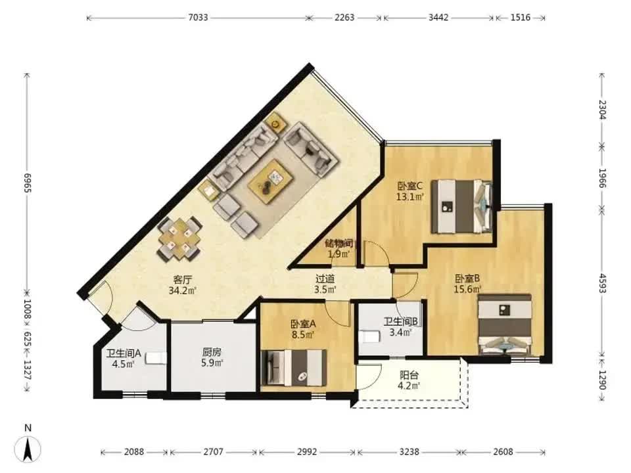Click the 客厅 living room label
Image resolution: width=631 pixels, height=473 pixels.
click(182, 279)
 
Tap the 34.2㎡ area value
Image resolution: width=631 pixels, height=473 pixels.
click(182, 290)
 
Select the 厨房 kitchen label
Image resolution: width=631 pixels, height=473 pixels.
click(212, 352)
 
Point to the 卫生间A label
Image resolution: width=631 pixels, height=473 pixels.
click(124, 353)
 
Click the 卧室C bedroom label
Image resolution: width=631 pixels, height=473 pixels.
click(410, 186)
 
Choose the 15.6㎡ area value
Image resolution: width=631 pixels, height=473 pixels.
click(467, 289)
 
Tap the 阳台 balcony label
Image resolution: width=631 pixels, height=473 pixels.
click(409, 376)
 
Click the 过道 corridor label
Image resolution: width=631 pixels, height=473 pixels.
click(325, 279)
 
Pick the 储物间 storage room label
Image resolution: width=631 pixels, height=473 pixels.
click(339, 243)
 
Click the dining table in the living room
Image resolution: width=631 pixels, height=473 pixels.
click(179, 238)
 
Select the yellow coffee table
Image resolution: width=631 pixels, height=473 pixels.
click(270, 179)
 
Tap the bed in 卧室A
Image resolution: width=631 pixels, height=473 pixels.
click(294, 368)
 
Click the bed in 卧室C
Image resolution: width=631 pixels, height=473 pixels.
click(462, 206)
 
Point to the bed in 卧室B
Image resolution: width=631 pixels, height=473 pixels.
click(505, 325)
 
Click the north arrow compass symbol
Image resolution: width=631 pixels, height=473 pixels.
click(28, 447)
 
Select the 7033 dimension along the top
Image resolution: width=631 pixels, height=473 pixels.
click(198, 17)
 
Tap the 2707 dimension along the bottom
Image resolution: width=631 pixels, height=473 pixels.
click(213, 452)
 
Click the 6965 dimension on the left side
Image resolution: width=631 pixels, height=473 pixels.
click(28, 183)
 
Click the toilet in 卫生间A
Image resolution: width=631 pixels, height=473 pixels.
click(156, 358)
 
